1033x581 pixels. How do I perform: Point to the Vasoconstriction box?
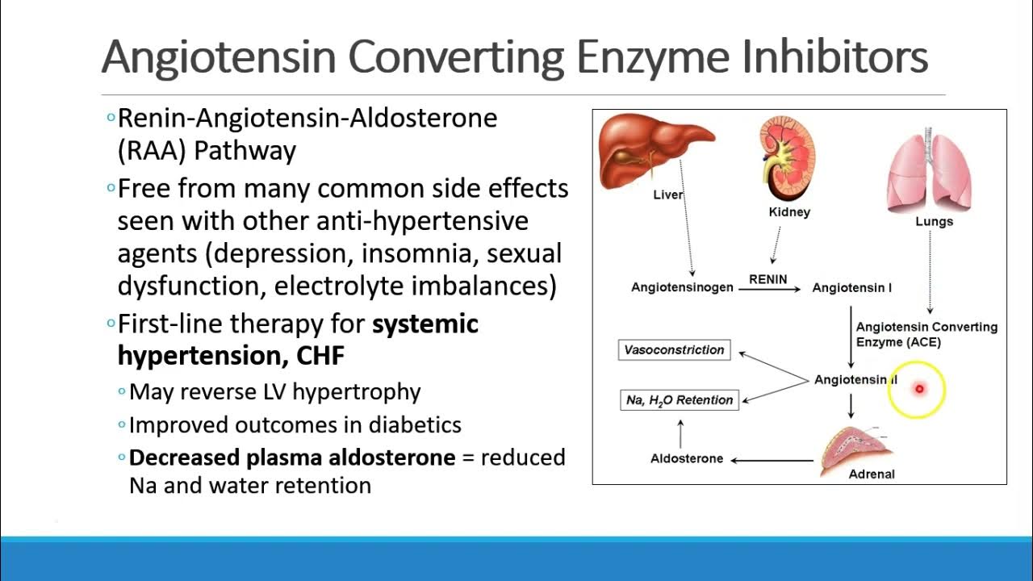pos(674,350)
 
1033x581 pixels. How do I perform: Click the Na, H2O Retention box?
pos(680,399)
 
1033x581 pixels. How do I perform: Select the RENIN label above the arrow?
pos(767,279)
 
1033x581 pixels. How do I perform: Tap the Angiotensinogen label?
pos(682,288)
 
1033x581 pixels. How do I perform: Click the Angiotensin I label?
pos(851,288)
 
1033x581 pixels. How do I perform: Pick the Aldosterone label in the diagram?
pos(687,458)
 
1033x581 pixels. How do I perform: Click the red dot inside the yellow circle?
pos(918,389)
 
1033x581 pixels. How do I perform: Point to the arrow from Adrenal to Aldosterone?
pos(772,460)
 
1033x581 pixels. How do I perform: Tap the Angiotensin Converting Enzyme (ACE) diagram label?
pos(926,334)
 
